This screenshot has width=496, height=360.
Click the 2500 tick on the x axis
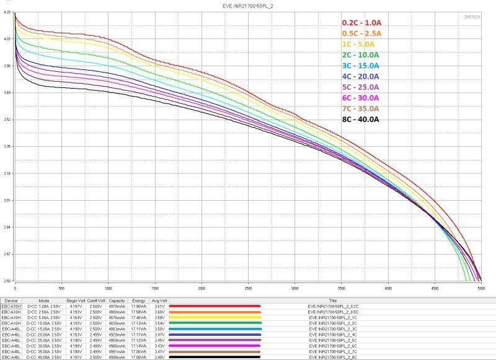[x=248, y=288]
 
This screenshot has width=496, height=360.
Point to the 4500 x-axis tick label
[x=434, y=288]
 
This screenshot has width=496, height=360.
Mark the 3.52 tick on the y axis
[x=7, y=120]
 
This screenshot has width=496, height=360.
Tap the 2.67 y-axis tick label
[x=7, y=254]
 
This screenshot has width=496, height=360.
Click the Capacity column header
[x=117, y=300]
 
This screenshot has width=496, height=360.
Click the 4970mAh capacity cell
[x=117, y=305]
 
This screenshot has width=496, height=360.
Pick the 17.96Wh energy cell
[x=138, y=305]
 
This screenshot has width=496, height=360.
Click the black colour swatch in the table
[x=215, y=358]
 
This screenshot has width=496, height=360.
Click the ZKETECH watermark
[x=472, y=17]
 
